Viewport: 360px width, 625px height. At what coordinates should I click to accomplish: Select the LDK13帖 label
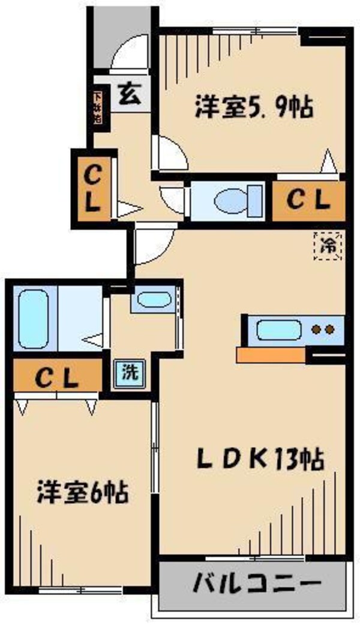260,460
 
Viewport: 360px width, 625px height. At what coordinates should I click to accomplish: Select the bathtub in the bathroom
33,318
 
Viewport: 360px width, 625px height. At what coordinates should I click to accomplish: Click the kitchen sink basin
278,330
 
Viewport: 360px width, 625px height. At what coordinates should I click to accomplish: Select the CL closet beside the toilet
308,201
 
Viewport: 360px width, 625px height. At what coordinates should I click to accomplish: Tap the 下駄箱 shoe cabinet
97,106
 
